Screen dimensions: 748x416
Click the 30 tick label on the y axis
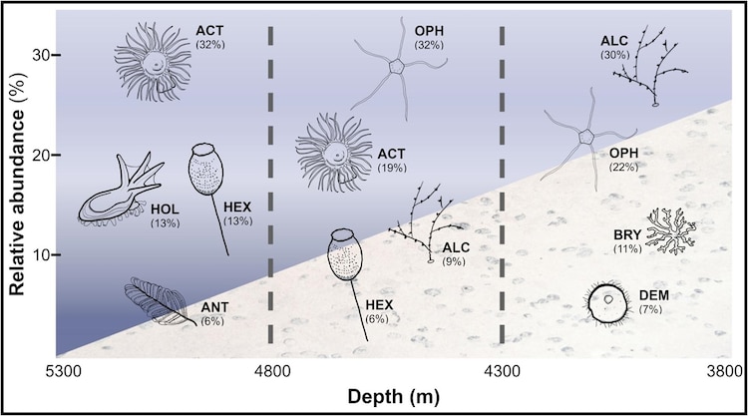[41, 55]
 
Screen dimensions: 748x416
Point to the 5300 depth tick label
[61, 371]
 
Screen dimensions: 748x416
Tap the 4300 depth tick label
[503, 371]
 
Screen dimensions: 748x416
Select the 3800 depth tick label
[727, 371]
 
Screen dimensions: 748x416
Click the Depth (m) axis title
[393, 396]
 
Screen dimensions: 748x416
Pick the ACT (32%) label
[209, 37]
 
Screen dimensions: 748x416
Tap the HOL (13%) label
[165, 215]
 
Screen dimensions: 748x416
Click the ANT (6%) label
[214, 314]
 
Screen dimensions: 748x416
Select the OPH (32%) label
[429, 38]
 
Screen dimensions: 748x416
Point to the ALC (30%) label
[615, 48]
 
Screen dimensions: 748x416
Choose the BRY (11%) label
[627, 241]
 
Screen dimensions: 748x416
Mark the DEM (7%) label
[653, 302]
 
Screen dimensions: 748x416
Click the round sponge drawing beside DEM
[606, 304]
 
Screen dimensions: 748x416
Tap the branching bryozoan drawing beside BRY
[671, 230]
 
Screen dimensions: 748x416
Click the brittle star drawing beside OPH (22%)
[586, 138]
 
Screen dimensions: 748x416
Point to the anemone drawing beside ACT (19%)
[334, 153]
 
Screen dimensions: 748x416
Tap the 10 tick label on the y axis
[41, 254]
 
